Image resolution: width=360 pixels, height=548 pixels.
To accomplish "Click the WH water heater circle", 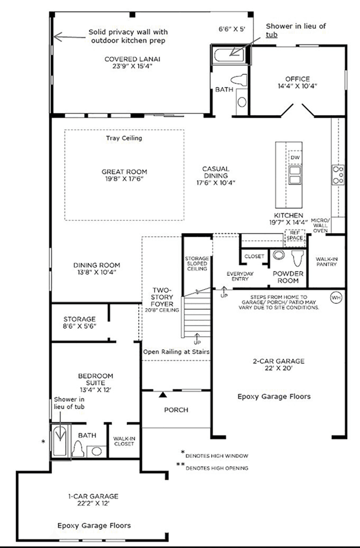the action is [x=336, y=298].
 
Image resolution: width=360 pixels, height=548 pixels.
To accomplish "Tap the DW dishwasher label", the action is [x=295, y=158].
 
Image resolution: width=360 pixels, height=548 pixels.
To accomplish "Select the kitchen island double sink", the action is [x=295, y=175].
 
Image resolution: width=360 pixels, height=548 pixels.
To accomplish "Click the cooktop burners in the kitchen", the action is [x=338, y=175].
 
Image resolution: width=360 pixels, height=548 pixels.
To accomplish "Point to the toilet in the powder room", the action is [x=297, y=258].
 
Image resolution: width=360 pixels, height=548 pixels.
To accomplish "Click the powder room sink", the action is [x=278, y=255].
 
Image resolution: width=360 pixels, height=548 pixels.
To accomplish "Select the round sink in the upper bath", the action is [x=241, y=102].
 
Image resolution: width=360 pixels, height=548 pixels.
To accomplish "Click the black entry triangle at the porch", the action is [x=163, y=395].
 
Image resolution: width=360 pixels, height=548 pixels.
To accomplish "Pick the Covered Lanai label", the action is [x=132, y=63].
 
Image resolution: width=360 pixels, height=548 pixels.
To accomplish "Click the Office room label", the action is [x=297, y=82].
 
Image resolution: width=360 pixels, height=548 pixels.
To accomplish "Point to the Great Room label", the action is [x=124, y=175].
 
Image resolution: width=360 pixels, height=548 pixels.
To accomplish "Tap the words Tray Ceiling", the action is [x=124, y=138].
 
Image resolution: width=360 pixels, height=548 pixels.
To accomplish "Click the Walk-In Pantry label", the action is [x=326, y=262].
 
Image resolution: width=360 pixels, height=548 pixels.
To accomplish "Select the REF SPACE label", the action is [x=295, y=235].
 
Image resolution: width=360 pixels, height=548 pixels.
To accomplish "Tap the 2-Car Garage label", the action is [x=278, y=365].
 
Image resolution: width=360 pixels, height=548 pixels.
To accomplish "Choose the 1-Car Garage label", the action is [x=93, y=500].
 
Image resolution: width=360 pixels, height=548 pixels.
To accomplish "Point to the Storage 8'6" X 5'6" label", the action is [x=80, y=323].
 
